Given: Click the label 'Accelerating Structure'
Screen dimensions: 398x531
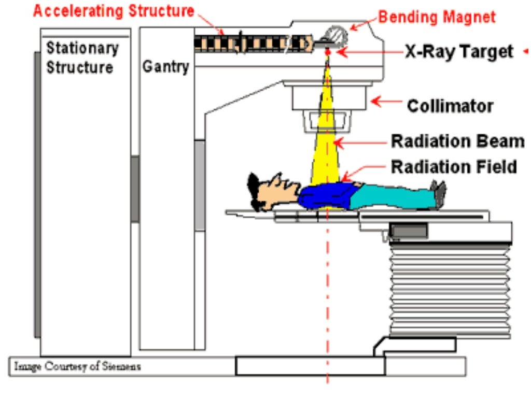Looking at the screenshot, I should coord(114,11).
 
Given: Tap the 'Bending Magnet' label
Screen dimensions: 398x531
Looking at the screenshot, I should coord(437,17).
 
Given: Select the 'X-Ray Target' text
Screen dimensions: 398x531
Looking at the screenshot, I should coord(458,52).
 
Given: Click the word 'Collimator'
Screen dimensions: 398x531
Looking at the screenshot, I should coord(450,106).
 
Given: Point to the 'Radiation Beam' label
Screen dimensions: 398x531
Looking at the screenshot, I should coord(453,141).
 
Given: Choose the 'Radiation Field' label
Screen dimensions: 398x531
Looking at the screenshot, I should coord(454,167).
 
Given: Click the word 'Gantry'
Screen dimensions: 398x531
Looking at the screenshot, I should coord(165,67).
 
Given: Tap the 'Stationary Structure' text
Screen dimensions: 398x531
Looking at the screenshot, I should coord(81,58).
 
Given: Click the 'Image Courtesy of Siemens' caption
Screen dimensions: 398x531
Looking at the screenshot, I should coord(77,367).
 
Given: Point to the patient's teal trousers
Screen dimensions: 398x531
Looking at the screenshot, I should coord(394,197).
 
